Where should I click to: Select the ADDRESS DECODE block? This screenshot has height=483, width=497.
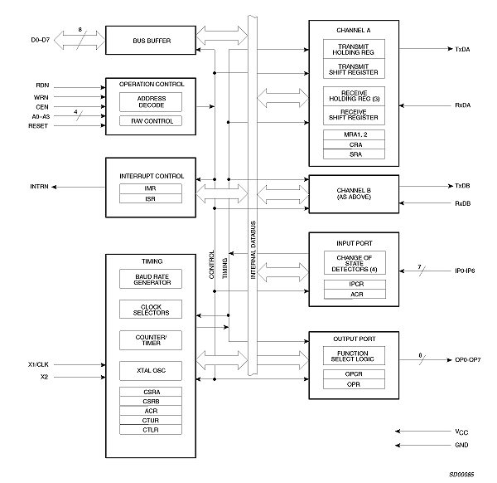click(152, 101)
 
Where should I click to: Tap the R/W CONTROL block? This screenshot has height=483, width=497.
click(152, 121)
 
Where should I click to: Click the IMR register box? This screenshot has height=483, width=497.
click(152, 188)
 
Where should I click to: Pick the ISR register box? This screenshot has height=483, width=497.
click(152, 198)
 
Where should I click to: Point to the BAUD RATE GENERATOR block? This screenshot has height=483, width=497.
click(152, 279)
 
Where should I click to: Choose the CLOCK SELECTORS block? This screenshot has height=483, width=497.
click(152, 309)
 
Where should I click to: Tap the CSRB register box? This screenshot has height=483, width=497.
click(152, 400)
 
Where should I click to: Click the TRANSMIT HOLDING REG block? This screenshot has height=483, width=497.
click(355, 50)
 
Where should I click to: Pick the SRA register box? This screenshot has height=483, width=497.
click(355, 154)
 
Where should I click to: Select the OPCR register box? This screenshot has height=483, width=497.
click(355, 374)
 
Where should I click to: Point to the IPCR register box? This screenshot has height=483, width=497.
click(355, 284)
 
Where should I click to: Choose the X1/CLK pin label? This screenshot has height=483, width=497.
click(38, 363)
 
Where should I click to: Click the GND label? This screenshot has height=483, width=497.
click(461, 445)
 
